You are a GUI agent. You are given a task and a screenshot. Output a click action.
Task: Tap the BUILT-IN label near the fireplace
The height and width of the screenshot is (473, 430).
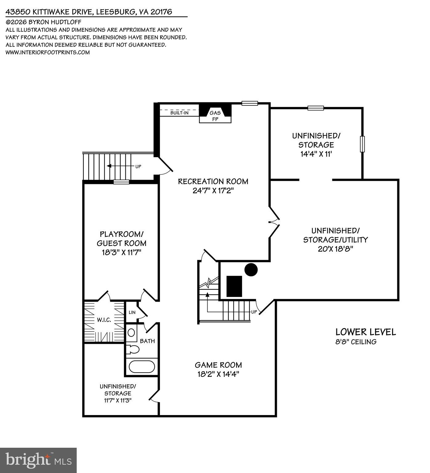tap(179, 113)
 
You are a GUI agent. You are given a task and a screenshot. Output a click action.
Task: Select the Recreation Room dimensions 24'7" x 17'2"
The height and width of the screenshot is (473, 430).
tap(213, 191)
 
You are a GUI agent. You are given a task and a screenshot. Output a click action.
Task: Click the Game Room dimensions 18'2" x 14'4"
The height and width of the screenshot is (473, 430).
tap(218, 374)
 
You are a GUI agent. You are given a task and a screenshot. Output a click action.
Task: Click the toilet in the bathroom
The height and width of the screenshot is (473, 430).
tap(133, 349)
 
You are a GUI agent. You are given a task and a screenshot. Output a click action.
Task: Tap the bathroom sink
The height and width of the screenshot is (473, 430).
tap(132, 333)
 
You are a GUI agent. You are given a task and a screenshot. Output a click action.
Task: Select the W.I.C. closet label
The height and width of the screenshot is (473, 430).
tap(104, 320)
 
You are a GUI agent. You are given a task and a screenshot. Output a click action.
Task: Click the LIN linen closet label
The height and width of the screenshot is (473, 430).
tap(132, 312)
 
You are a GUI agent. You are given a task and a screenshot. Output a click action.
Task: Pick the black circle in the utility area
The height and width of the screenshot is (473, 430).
tap(251, 270)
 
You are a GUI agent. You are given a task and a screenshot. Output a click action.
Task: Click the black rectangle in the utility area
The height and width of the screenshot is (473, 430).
tap(234, 286)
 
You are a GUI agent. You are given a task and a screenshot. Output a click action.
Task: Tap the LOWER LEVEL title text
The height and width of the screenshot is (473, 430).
tap(365, 332)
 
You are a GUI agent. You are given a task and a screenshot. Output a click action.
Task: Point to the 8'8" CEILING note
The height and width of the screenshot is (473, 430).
tap(356, 342)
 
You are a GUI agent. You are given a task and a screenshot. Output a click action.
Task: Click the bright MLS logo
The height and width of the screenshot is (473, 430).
tap(39, 460)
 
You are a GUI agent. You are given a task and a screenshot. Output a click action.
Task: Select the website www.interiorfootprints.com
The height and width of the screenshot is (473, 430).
tap(48, 52)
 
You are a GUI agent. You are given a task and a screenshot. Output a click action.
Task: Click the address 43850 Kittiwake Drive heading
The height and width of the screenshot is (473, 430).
tap(89, 12)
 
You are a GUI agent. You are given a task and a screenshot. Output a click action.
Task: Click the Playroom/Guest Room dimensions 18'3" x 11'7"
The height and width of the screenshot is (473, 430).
tap(121, 253)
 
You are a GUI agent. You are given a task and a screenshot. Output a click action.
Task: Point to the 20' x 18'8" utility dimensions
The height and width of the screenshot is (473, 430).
tap(335, 249)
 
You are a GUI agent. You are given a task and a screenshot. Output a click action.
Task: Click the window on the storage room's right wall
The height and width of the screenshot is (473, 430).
tap(362, 144)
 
